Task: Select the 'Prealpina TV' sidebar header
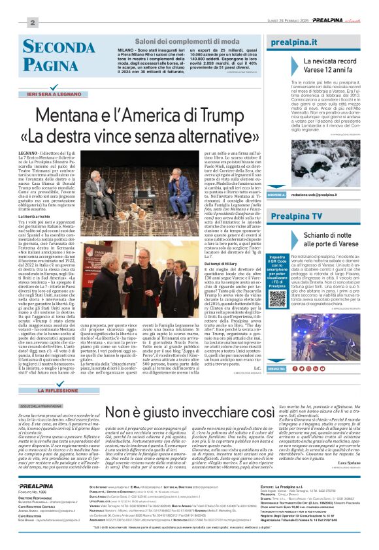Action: point(297,234)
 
